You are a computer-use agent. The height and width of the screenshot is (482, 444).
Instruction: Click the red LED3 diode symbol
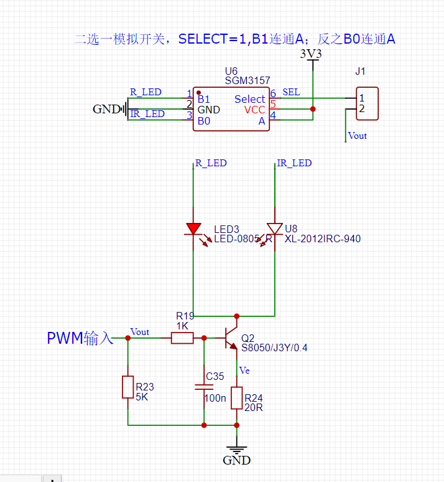click(193, 230)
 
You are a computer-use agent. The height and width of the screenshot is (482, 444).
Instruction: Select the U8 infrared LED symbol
click(274, 230)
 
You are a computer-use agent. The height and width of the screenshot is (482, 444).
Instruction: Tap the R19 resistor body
click(182, 338)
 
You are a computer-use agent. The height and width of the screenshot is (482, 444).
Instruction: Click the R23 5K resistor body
click(127, 387)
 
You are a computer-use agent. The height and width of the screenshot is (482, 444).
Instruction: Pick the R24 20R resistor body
click(236, 398)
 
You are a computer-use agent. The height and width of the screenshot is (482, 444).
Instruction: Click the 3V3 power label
click(311, 54)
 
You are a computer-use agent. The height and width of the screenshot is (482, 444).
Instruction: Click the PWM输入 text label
click(80, 338)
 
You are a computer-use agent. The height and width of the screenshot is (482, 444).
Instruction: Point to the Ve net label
click(244, 371)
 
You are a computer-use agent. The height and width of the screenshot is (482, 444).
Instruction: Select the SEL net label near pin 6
click(291, 92)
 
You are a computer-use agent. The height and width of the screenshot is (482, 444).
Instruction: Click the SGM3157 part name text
click(247, 81)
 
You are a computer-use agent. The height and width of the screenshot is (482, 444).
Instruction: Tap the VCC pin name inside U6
click(254, 110)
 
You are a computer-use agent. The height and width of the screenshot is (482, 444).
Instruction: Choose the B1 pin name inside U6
click(203, 99)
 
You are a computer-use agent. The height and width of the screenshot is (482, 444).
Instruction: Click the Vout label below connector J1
click(358, 136)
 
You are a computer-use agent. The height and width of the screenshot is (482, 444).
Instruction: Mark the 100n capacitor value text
click(215, 398)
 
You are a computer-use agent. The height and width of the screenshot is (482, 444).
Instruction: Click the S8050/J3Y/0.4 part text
click(274, 348)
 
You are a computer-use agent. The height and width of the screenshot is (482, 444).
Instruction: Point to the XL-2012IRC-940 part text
click(323, 239)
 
